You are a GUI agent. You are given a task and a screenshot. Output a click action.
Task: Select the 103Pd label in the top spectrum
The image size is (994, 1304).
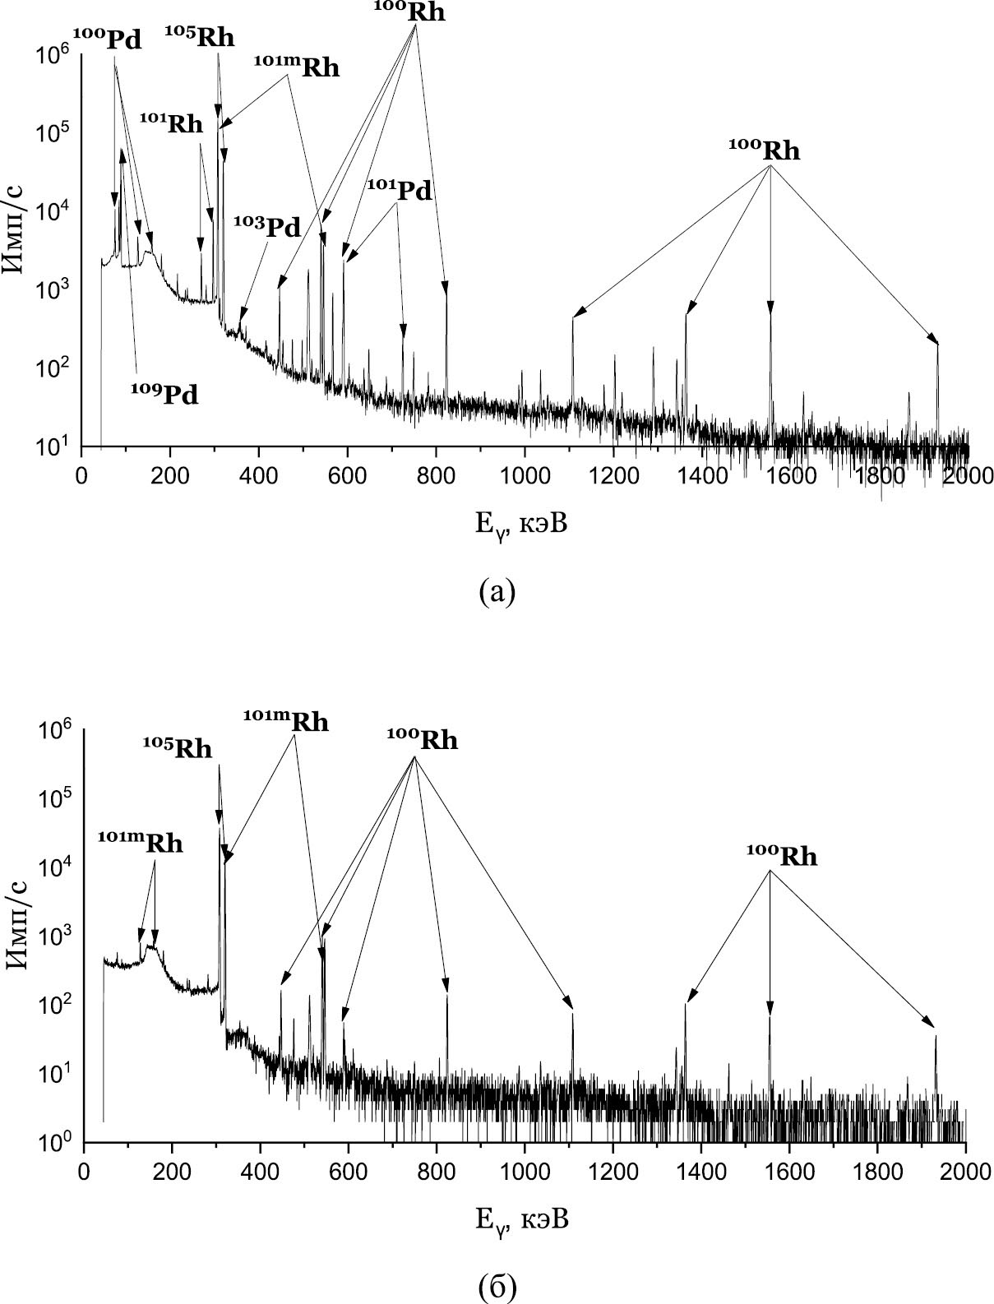tap(266, 227)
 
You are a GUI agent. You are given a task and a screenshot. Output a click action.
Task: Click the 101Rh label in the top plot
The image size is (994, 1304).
tap(171, 124)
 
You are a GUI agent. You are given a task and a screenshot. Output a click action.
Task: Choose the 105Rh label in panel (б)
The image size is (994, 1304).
tap(177, 749)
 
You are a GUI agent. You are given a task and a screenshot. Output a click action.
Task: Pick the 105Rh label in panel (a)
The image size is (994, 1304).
tap(199, 38)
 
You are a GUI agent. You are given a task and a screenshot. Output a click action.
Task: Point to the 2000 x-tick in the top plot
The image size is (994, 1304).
tap(967, 476)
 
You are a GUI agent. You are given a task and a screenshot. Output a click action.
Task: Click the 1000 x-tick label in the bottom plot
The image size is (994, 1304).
tap(524, 1171)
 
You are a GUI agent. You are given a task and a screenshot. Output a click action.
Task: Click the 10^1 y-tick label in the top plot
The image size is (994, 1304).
tap(53, 446)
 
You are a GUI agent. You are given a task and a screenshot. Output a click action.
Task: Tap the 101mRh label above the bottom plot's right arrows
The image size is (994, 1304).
tap(285, 722)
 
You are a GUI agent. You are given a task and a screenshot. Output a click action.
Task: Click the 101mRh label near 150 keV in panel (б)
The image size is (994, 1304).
tap(140, 843)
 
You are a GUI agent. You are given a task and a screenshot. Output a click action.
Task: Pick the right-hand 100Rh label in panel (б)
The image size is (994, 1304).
tap(781, 857)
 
